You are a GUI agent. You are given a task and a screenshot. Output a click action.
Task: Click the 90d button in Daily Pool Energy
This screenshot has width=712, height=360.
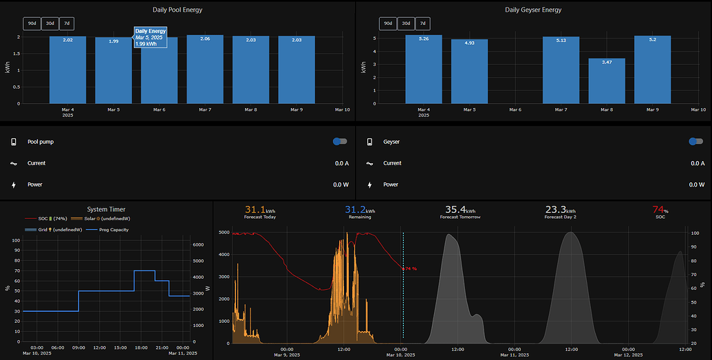[32, 23]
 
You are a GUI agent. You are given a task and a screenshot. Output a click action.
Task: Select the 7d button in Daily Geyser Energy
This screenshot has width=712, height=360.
[423, 23]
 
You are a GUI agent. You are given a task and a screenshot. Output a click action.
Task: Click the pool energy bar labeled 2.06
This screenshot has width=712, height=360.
[204, 69]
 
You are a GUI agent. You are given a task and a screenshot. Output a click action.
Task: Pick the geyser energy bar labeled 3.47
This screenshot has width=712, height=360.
[607, 81]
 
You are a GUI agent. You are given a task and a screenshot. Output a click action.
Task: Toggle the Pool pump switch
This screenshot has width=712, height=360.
[340, 141]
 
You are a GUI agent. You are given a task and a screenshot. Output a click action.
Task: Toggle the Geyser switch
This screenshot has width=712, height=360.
[696, 141]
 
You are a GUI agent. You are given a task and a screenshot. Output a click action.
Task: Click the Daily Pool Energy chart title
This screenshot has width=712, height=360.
[177, 10]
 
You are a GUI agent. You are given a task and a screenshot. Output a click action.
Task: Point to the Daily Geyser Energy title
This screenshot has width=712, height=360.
[533, 10]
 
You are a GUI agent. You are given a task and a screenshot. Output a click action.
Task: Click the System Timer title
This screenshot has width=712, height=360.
[106, 209]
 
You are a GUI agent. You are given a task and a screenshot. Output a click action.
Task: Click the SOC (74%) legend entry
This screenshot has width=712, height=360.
[45, 218]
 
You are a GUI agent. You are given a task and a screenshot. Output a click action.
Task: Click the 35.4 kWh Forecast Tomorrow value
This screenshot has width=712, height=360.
[460, 209]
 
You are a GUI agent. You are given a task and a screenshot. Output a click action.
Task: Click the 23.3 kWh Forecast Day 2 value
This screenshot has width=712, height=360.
[561, 209]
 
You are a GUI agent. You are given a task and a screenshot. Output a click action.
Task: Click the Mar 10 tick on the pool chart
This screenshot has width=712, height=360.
[342, 109]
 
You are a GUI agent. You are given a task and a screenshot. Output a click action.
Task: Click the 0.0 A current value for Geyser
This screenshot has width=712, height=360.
[698, 163]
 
